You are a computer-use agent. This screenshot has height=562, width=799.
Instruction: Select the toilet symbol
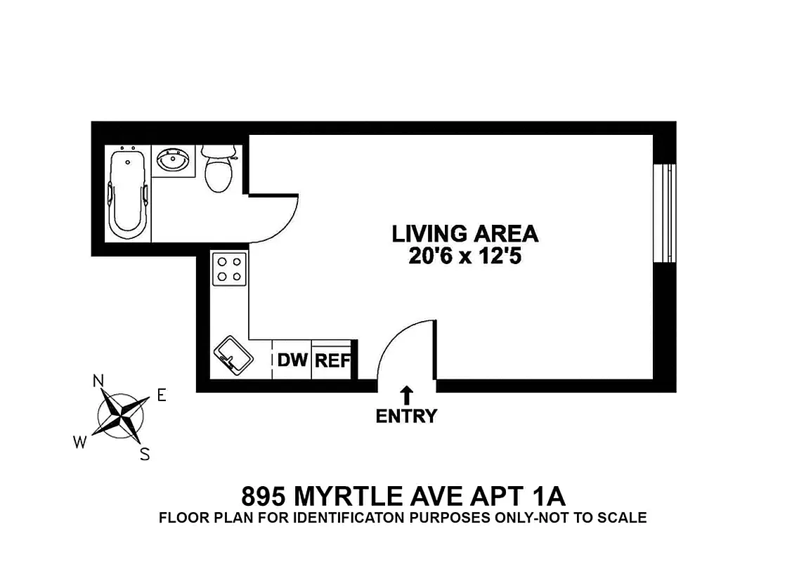pos(217,171)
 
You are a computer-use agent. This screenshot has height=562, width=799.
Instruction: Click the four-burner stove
pos(230,268)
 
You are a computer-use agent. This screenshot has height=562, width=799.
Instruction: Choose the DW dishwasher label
pos(292,361)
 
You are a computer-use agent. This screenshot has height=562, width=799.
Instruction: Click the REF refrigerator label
pos(332,361)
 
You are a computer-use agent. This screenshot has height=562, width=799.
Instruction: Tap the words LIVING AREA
pos(465,233)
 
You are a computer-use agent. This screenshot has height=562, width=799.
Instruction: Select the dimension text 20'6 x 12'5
pos(465,257)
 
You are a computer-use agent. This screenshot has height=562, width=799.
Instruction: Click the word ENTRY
pos(406,416)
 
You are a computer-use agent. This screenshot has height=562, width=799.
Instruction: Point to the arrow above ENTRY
pos(406,395)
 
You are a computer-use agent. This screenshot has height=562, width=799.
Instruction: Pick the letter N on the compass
pos(98,381)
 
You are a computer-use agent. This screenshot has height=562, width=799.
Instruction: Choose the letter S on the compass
pos(145,454)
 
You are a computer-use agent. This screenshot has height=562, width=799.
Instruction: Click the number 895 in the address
pos(264,497)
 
